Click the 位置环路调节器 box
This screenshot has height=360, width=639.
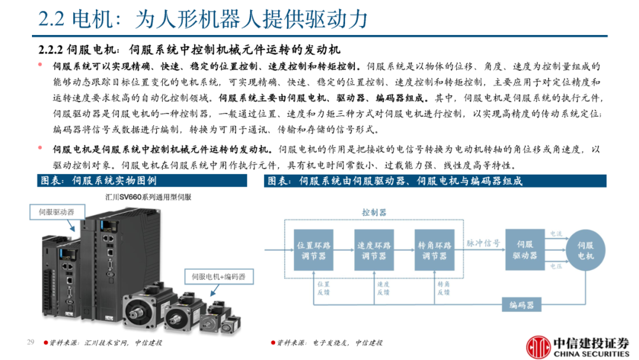point(314,250)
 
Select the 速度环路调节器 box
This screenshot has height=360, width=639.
point(374,250)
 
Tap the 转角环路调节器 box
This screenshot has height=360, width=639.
point(434,250)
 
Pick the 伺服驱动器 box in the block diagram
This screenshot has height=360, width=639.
point(525,249)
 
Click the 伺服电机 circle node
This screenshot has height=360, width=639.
point(586,250)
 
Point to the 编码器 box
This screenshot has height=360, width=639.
point(522,304)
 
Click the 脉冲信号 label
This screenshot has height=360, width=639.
point(483,243)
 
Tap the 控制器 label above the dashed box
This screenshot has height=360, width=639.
point(374,213)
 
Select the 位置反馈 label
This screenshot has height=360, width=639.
point(323,288)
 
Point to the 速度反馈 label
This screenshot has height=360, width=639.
point(383,288)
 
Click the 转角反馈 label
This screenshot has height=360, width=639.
point(443,288)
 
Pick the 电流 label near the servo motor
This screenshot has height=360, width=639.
point(556,234)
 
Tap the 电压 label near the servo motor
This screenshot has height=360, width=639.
point(556,266)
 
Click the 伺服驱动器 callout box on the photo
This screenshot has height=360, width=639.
point(57,212)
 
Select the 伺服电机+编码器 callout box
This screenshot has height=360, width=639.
point(219,277)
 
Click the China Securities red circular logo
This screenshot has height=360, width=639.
point(538,346)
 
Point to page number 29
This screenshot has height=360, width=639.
point(31,342)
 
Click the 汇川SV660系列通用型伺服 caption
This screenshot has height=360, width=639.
point(148,197)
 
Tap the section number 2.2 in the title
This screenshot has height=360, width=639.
point(51,19)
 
